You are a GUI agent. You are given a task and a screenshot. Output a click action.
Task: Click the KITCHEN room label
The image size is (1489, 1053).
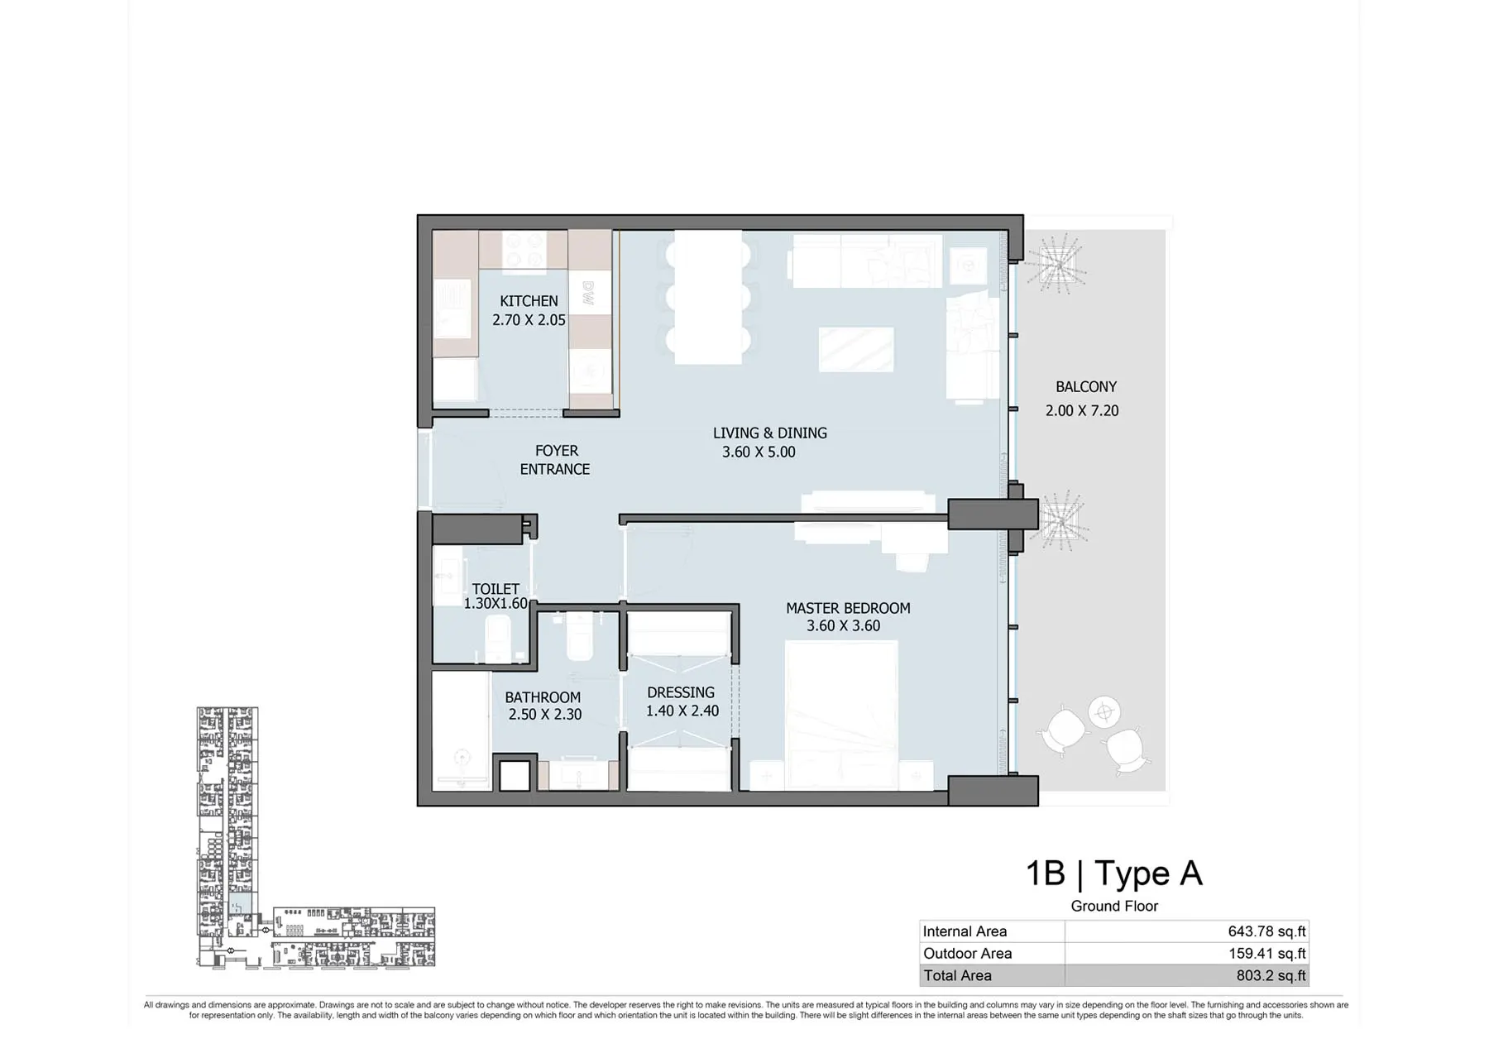click(x=529, y=301)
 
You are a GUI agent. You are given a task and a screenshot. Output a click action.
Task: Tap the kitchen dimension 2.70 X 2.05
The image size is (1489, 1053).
click(x=529, y=320)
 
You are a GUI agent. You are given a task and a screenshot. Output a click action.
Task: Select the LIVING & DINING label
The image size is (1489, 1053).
click(x=769, y=433)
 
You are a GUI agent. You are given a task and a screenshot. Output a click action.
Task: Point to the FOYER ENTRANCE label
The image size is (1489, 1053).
click(x=555, y=460)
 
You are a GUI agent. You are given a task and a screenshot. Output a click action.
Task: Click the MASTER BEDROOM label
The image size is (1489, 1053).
click(x=848, y=608)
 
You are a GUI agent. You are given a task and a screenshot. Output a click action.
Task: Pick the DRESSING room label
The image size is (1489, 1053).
click(x=681, y=692)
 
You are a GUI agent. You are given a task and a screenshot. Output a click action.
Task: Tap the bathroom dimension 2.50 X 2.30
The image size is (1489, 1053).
click(x=545, y=714)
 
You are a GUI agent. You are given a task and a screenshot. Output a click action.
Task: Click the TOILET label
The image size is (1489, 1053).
click(x=496, y=589)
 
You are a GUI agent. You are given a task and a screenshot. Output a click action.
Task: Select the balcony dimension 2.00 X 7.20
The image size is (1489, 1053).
click(x=1082, y=410)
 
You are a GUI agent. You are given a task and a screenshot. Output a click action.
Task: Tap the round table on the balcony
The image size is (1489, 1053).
click(x=1104, y=711)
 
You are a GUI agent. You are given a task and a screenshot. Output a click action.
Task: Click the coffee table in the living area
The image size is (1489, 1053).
click(x=856, y=349)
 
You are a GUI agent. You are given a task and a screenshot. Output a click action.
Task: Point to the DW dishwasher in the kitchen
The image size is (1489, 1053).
click(x=589, y=294)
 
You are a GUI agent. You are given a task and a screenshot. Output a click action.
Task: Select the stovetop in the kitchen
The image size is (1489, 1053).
click(x=524, y=251)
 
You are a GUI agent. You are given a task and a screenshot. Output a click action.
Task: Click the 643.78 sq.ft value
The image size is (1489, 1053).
click(x=1266, y=931)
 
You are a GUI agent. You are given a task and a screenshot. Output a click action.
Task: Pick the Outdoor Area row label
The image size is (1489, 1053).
click(x=967, y=954)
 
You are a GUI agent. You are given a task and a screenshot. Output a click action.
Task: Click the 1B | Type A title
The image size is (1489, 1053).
click(x=1114, y=874)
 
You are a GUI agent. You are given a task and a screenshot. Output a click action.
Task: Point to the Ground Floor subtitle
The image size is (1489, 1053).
click(x=1114, y=907)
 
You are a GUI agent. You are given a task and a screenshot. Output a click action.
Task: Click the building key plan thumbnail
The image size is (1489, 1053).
click(x=315, y=837)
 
